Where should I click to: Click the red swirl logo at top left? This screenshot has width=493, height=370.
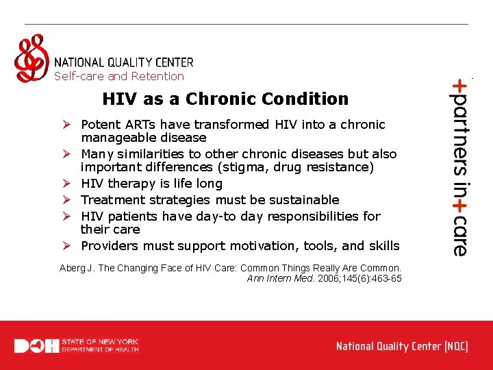pyautogui.click(x=31, y=58)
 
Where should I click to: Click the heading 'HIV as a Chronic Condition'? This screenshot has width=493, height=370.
pyautogui.click(x=225, y=99)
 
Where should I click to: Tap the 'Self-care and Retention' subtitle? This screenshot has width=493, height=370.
pyautogui.click(x=119, y=77)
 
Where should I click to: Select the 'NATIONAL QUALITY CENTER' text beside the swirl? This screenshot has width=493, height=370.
pyautogui.click(x=123, y=62)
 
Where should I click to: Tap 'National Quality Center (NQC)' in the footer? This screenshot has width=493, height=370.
pyautogui.click(x=402, y=346)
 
